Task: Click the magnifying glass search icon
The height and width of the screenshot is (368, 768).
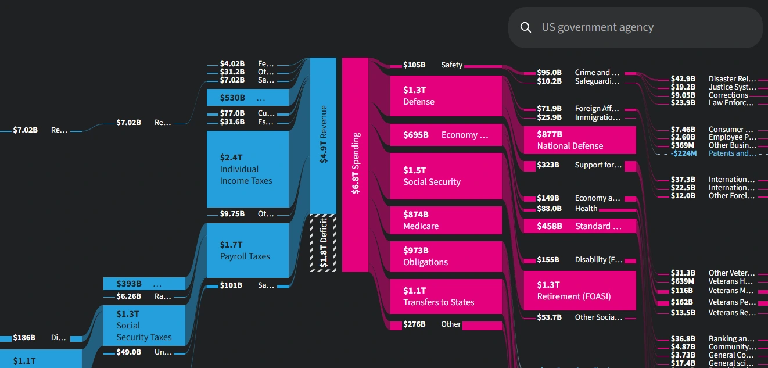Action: (526, 27)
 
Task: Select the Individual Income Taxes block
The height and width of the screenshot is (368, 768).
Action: (247, 169)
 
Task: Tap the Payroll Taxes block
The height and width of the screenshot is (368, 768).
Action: (247, 251)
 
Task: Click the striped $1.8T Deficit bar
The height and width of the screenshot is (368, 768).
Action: (324, 242)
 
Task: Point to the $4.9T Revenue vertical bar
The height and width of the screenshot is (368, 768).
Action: (324, 135)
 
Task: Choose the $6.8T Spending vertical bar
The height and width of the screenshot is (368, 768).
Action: (355, 164)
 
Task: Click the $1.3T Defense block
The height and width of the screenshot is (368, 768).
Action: (452, 96)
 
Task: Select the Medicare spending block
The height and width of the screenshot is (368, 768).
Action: (452, 220)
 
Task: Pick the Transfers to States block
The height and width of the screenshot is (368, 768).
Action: (452, 296)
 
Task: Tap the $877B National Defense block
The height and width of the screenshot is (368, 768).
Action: (579, 140)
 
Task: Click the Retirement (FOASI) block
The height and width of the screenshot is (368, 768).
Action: (579, 291)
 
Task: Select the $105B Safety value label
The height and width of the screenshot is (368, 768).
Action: (414, 65)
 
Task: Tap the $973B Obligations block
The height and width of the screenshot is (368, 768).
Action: (452, 256)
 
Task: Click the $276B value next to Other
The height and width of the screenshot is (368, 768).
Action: (414, 324)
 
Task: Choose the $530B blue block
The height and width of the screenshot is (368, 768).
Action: (247, 98)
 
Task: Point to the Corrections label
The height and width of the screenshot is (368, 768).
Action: (728, 95)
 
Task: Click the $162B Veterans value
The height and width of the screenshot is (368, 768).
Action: (682, 302)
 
